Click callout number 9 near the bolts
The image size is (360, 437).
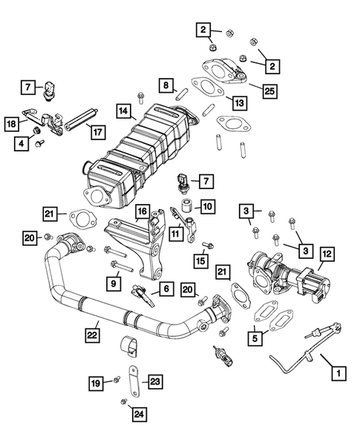click(114, 282)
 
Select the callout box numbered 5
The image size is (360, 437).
click(256, 338)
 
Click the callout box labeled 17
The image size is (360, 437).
click(96, 132)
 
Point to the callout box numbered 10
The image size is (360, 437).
click(207, 206)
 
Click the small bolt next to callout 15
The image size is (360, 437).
click(207, 245)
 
